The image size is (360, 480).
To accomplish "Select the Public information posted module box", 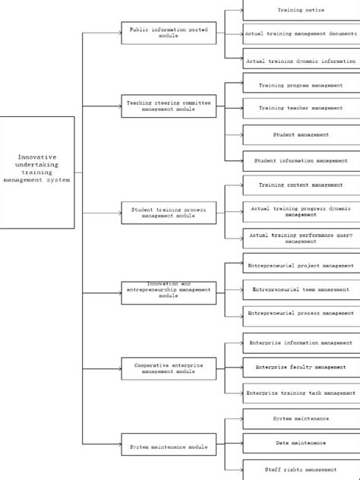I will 169,33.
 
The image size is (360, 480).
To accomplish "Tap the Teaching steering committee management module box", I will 169,106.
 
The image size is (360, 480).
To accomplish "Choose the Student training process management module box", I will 169,212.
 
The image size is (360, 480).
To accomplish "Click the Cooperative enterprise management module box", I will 169,368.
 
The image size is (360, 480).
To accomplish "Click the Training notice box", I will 301,10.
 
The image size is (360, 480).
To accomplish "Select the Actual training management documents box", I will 301,34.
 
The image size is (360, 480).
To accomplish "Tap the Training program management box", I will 301,86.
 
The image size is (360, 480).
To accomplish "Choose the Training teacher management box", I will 301,108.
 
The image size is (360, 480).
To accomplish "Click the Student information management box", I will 301,160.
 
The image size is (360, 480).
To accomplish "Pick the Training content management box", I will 301,185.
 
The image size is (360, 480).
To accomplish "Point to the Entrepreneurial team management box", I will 301,289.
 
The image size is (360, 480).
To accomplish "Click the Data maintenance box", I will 301,443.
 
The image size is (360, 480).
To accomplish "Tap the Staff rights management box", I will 301,469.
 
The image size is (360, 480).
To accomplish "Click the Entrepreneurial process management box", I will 301,313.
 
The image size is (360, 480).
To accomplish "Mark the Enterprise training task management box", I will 301,393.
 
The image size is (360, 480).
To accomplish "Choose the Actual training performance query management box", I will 301,238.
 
